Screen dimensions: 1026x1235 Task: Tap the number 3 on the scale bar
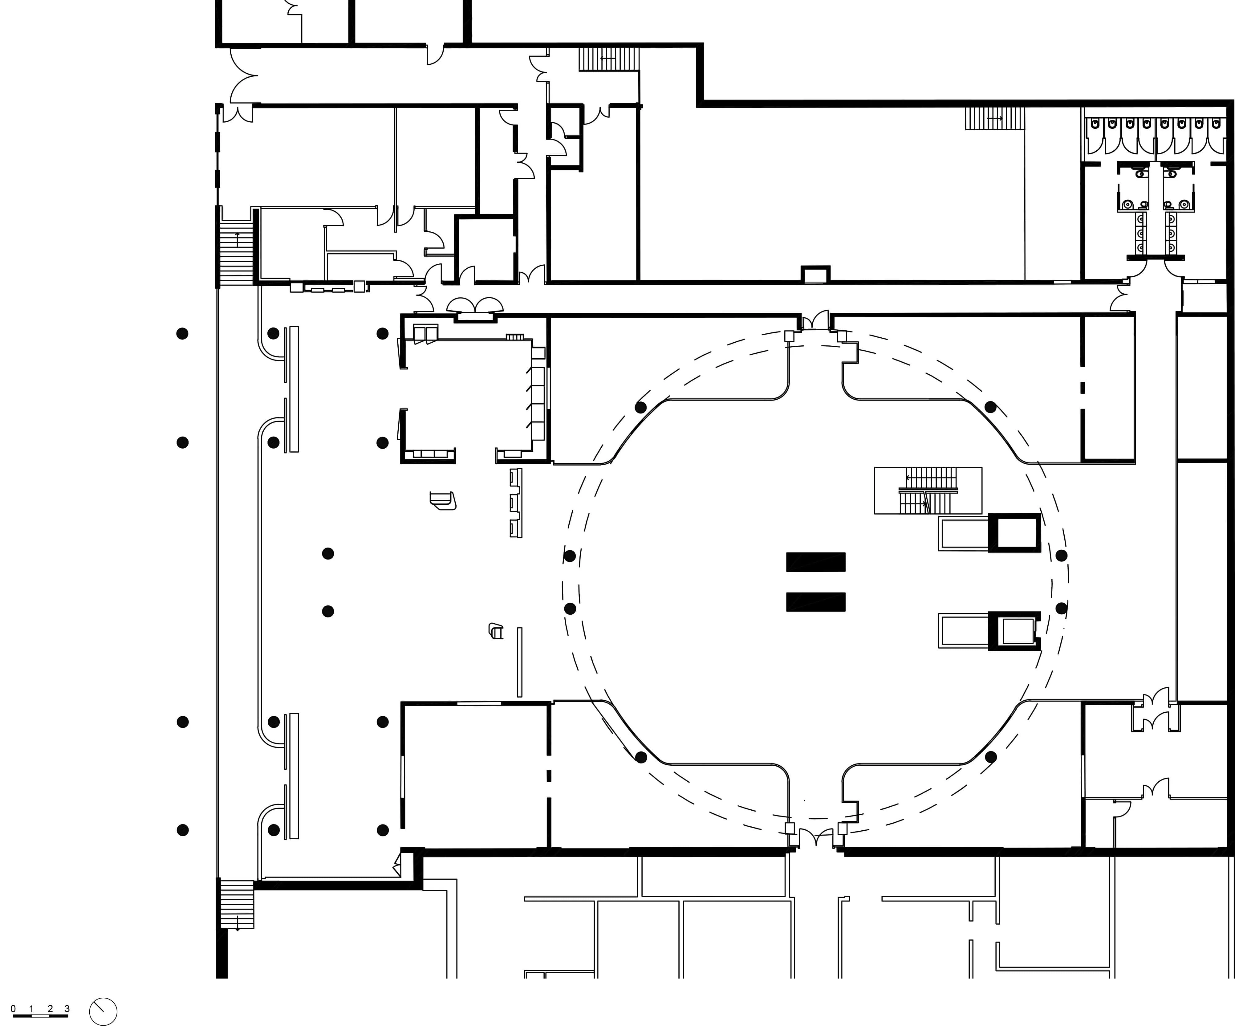[67, 1008]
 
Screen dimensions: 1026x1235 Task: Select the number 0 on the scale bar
[13, 1008]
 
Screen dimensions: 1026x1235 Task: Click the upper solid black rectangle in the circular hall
[816, 562]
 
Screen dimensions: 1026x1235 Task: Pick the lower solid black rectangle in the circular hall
[816, 602]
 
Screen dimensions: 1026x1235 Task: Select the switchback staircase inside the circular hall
[928, 490]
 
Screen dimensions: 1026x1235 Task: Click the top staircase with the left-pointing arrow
[609, 59]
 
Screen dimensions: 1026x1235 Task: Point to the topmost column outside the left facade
[182, 334]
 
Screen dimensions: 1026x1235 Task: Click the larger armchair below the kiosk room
[443, 501]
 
